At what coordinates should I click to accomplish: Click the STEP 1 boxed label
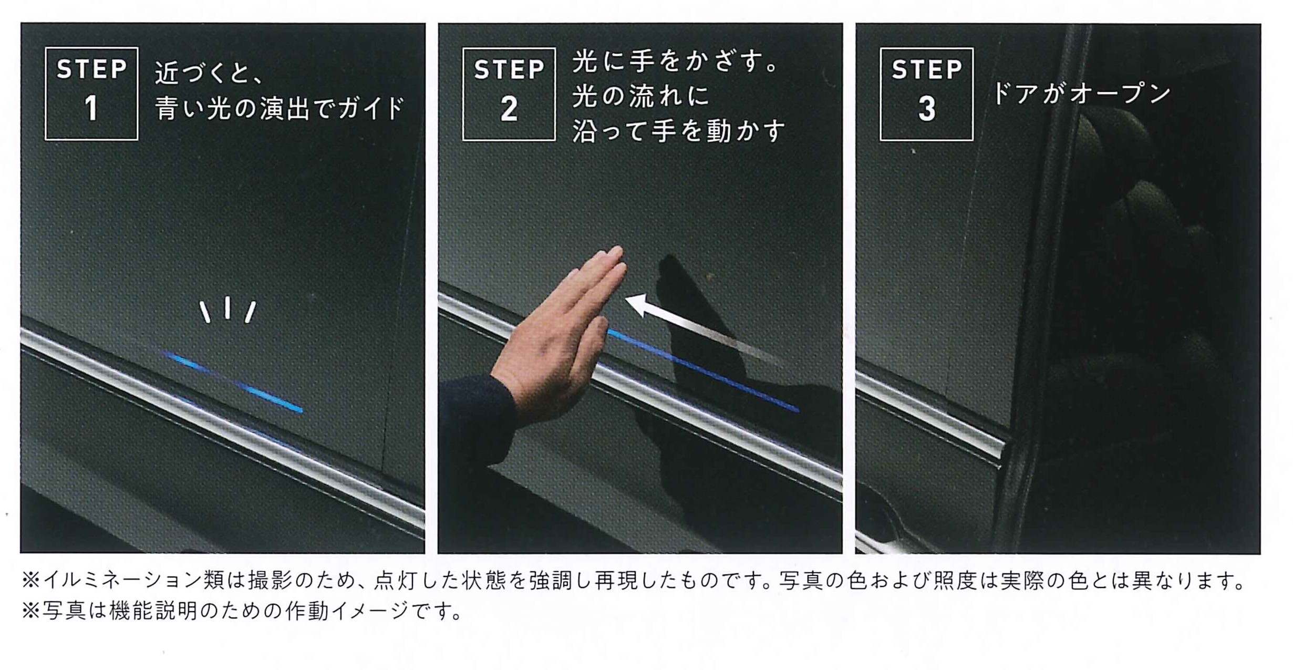pyautogui.click(x=91, y=94)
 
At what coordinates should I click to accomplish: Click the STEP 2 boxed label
pyautogui.click(x=509, y=94)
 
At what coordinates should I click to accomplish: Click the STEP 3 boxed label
pyautogui.click(x=926, y=94)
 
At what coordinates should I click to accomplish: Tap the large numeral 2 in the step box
pyautogui.click(x=509, y=109)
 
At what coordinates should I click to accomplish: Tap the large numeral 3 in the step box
pyautogui.click(x=927, y=109)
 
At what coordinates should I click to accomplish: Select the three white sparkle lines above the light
pyautogui.click(x=227, y=310)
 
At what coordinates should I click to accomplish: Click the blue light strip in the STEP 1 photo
pyautogui.click(x=231, y=381)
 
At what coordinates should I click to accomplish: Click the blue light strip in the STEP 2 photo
pyautogui.click(x=703, y=370)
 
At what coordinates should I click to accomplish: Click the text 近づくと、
pyautogui.click(x=209, y=73)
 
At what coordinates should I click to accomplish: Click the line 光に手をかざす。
pyautogui.click(x=676, y=62)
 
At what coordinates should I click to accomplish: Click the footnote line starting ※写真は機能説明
pyautogui.click(x=242, y=611)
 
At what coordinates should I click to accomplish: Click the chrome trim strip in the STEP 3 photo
pyautogui.click(x=930, y=415)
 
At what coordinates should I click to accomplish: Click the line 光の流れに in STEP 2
pyautogui.click(x=641, y=96)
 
